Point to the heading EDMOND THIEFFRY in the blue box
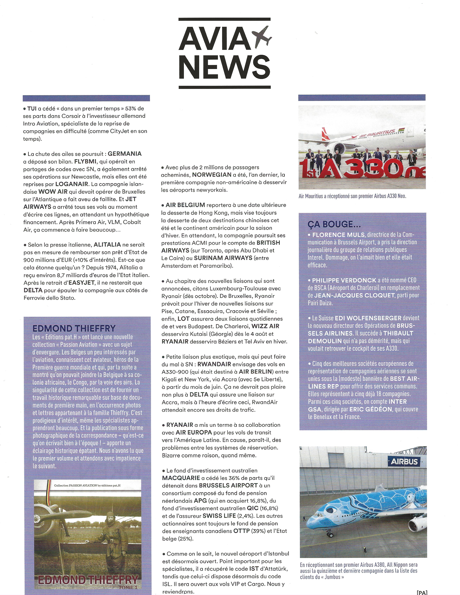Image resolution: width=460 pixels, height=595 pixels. pos(74,328)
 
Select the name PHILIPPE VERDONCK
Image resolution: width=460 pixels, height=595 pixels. pos(344,280)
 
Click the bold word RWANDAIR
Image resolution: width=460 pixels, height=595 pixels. pos(214,364)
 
